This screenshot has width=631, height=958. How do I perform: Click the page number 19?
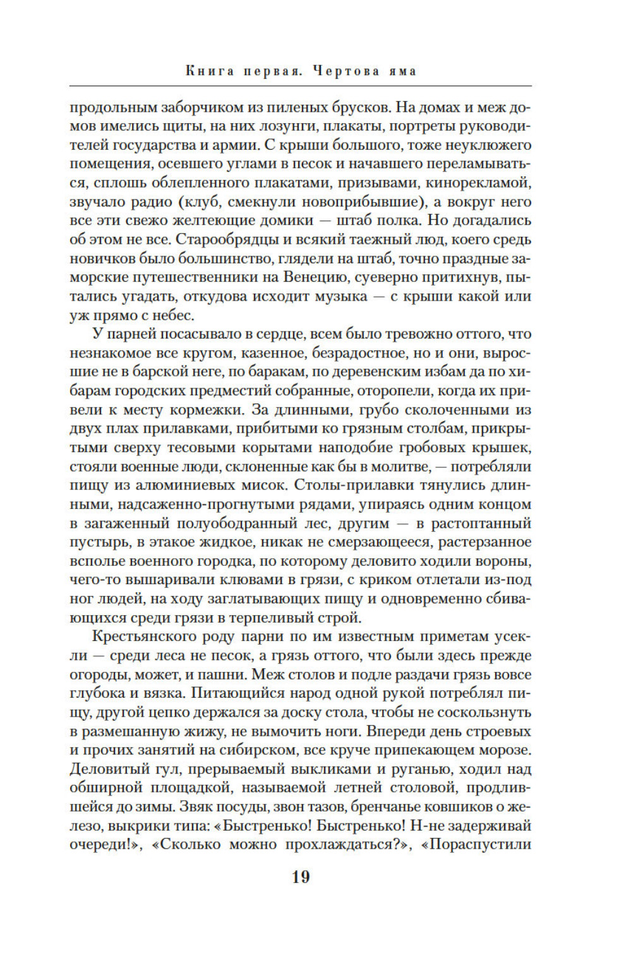tap(301, 877)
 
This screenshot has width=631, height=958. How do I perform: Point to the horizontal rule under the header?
tap(301, 85)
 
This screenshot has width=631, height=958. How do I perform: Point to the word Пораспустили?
tap(480, 845)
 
